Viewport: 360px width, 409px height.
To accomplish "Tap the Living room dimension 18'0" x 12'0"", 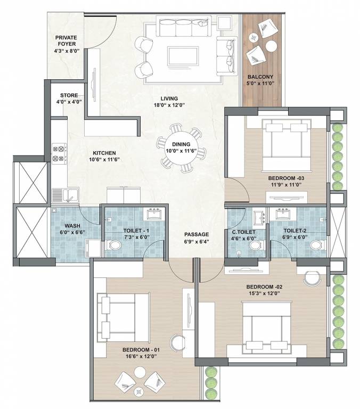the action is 169,105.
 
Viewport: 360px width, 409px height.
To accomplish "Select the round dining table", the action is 181,148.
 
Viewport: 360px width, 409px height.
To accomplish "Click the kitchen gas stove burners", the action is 59,153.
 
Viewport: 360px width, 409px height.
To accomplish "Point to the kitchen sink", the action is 66,195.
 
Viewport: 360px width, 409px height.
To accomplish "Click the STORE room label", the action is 69,95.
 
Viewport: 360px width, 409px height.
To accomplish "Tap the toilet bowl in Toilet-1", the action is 113,245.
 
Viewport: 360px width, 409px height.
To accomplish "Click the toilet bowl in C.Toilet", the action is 257,245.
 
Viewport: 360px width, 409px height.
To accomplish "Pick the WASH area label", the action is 72,226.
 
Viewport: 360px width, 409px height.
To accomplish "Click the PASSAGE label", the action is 197,234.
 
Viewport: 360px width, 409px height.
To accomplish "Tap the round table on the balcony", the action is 271,46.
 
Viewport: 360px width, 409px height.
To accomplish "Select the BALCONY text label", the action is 260,77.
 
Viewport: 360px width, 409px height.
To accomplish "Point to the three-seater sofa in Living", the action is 183,26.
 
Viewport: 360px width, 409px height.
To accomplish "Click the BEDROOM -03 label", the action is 286,178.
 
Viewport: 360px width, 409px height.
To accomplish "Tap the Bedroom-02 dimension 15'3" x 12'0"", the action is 264,293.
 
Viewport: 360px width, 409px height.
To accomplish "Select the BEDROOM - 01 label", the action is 141,350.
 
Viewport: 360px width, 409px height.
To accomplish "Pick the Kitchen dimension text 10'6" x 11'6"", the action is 104,160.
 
